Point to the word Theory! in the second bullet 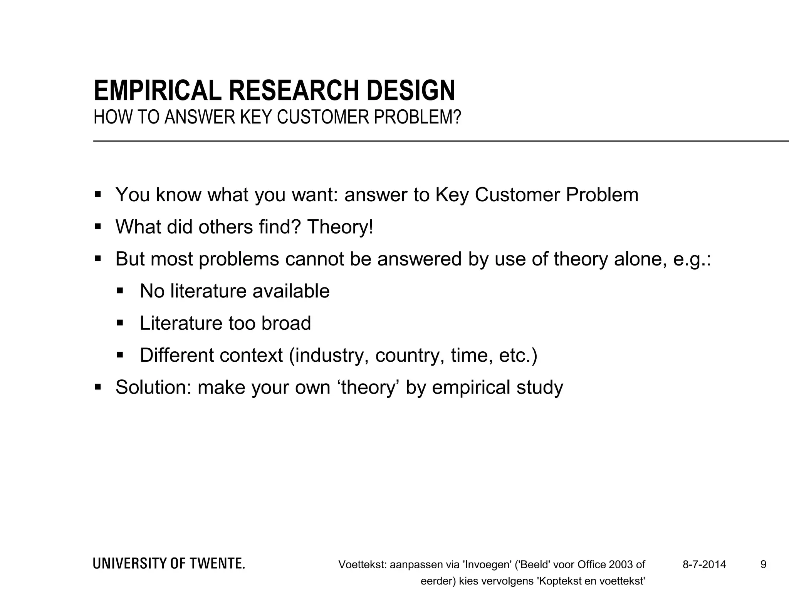(x=340, y=227)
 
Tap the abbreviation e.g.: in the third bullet (x=692, y=260)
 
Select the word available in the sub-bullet (x=291, y=291)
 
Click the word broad (x=286, y=323)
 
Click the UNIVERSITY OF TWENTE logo (x=169, y=564)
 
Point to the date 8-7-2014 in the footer (x=704, y=565)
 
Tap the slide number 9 (x=763, y=565)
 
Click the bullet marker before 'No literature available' (x=120, y=290)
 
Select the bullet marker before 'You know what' (x=97, y=194)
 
